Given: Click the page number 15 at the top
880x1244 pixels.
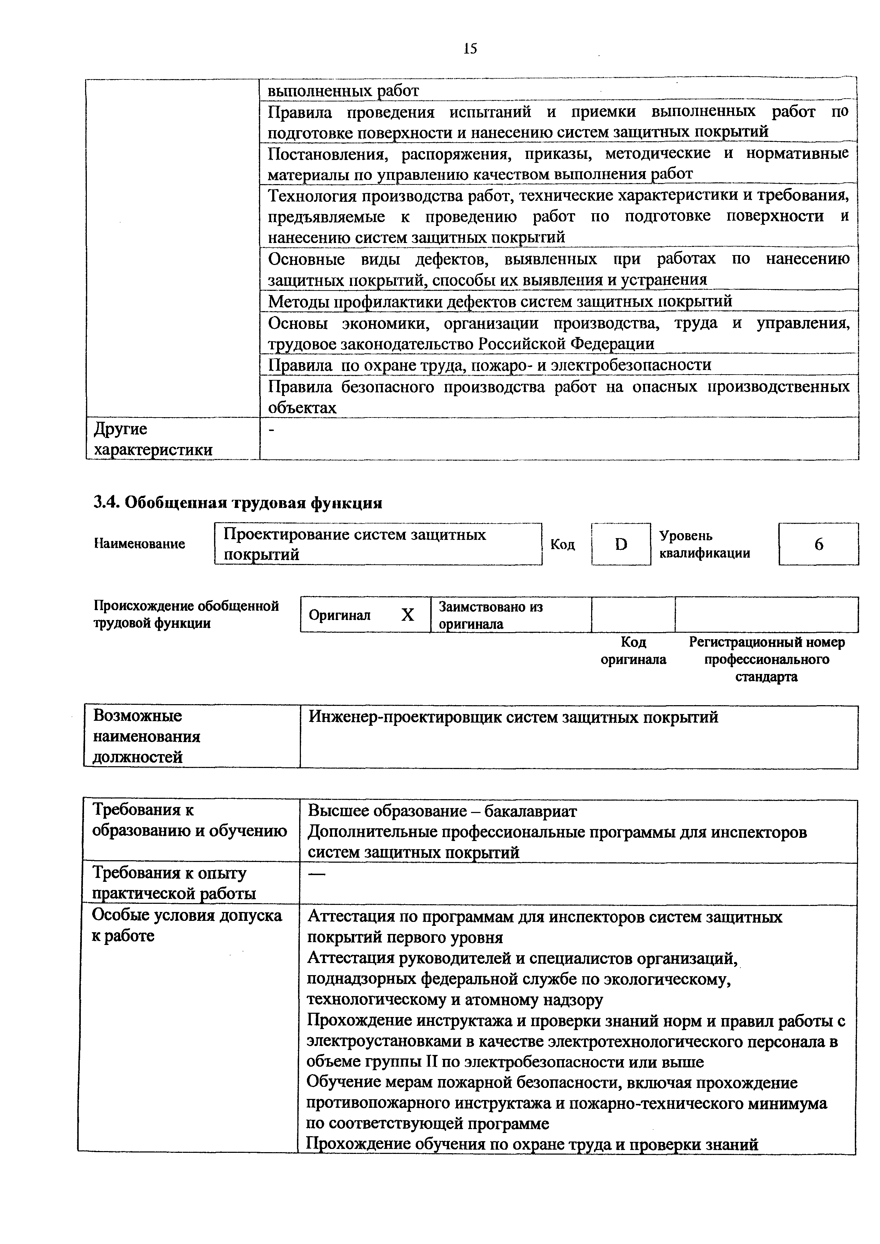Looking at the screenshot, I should pyautogui.click(x=470, y=49).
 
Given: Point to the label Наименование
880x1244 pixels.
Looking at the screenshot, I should pyautogui.click(x=140, y=543).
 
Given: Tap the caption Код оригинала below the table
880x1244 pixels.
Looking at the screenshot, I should pyautogui.click(x=633, y=651).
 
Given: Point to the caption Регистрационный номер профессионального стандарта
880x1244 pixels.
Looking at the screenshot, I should pyautogui.click(x=766, y=659).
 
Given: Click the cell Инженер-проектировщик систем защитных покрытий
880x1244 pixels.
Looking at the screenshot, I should pyautogui.click(x=513, y=718).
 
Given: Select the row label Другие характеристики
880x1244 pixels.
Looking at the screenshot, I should pyautogui.click(x=153, y=439).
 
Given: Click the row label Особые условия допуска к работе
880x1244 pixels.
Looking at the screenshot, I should pyautogui.click(x=187, y=926).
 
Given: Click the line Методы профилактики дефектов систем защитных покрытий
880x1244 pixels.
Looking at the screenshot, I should pyautogui.click(x=500, y=301).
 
